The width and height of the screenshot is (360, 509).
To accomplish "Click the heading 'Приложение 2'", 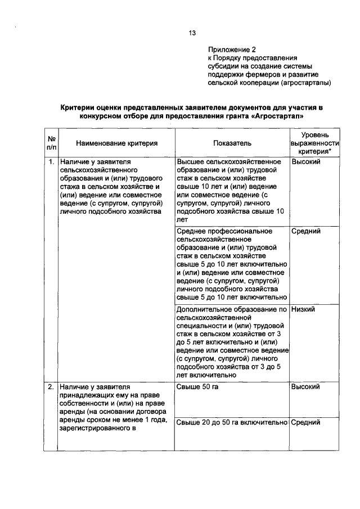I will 228,49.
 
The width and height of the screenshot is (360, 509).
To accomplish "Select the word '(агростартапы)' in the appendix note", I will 304,82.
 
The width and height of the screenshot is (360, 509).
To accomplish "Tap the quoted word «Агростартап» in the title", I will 281,116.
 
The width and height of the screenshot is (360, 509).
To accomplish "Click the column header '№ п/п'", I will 51,143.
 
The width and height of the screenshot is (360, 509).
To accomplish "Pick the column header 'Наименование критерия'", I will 117,144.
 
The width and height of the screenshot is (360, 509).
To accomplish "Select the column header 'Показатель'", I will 232,144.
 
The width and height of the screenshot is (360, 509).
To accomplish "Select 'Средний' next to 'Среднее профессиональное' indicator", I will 306,231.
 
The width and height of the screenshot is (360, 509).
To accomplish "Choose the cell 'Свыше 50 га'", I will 197,387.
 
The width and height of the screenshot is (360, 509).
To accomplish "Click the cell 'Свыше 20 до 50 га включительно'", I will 232,422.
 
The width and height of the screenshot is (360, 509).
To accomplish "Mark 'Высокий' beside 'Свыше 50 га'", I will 306,387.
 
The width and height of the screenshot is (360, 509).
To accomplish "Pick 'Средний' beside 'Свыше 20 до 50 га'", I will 306,422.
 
